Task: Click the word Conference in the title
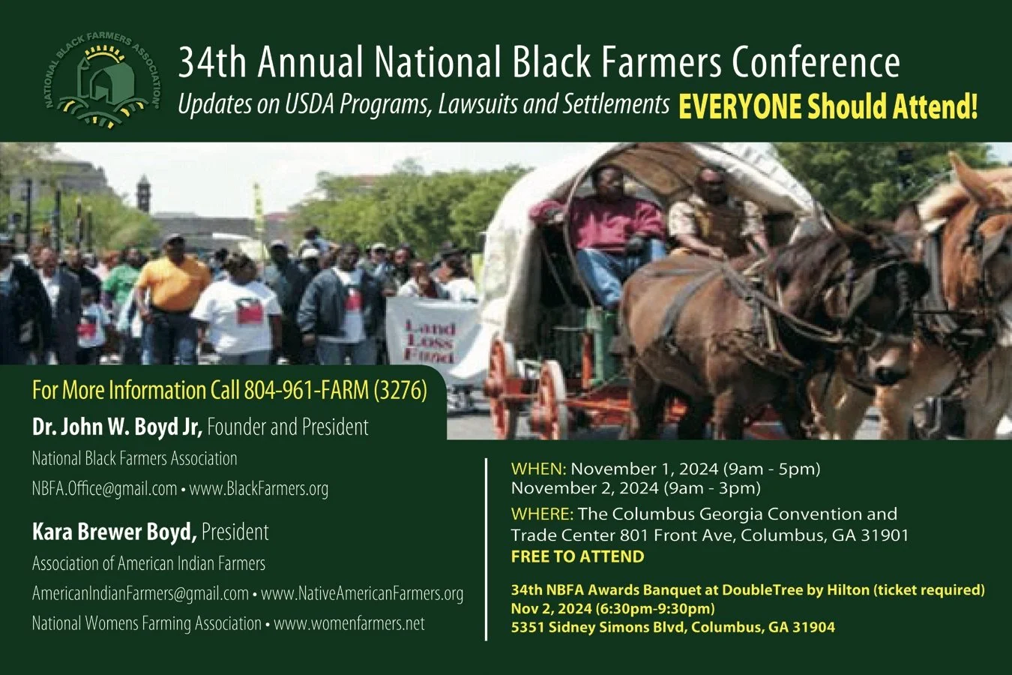click(816, 63)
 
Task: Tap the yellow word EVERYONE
click(740, 106)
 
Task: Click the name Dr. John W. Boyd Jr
click(117, 427)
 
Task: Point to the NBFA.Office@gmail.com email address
click(104, 489)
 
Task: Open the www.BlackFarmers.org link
click(259, 489)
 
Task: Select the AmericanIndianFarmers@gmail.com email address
click(140, 594)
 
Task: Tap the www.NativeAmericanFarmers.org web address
click(362, 594)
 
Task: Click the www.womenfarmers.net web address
click(349, 624)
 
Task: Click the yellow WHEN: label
click(538, 469)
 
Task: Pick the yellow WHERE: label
click(542, 514)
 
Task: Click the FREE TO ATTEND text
click(577, 556)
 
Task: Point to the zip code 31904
click(813, 627)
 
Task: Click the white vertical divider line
click(487, 548)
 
